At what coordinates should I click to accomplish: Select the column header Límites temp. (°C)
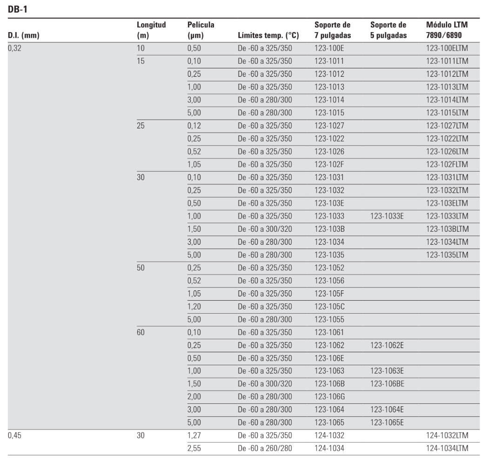click(x=268, y=35)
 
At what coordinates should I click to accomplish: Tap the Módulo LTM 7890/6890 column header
click(x=447, y=30)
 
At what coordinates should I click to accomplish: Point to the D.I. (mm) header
click(x=21, y=35)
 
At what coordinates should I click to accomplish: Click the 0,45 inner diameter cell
click(x=15, y=435)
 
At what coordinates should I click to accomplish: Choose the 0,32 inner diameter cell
click(x=15, y=47)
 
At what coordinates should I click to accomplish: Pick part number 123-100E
click(x=329, y=47)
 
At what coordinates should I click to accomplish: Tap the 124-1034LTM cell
click(x=447, y=448)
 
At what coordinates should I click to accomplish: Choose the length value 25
click(x=141, y=125)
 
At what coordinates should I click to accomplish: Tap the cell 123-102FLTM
click(x=447, y=164)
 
